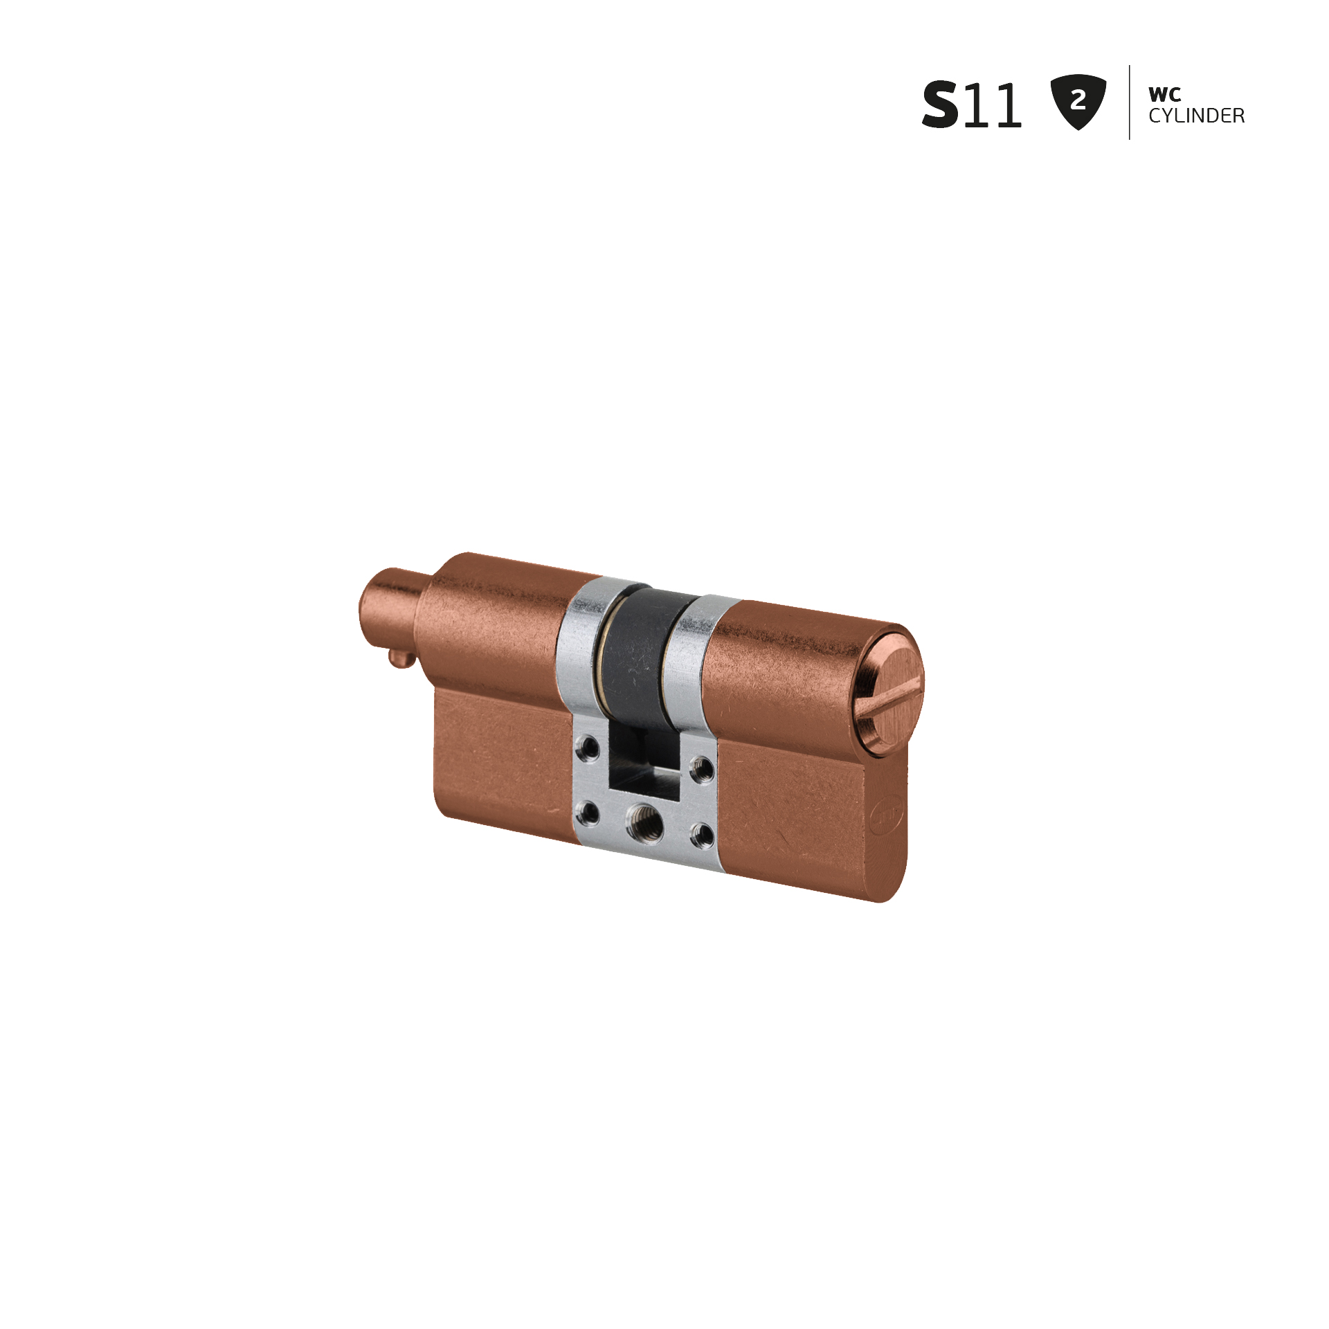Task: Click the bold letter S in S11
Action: click(941, 105)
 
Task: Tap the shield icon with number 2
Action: click(1078, 102)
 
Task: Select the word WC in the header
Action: click(1165, 94)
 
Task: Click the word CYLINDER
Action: click(1197, 116)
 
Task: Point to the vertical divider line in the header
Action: click(1130, 102)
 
